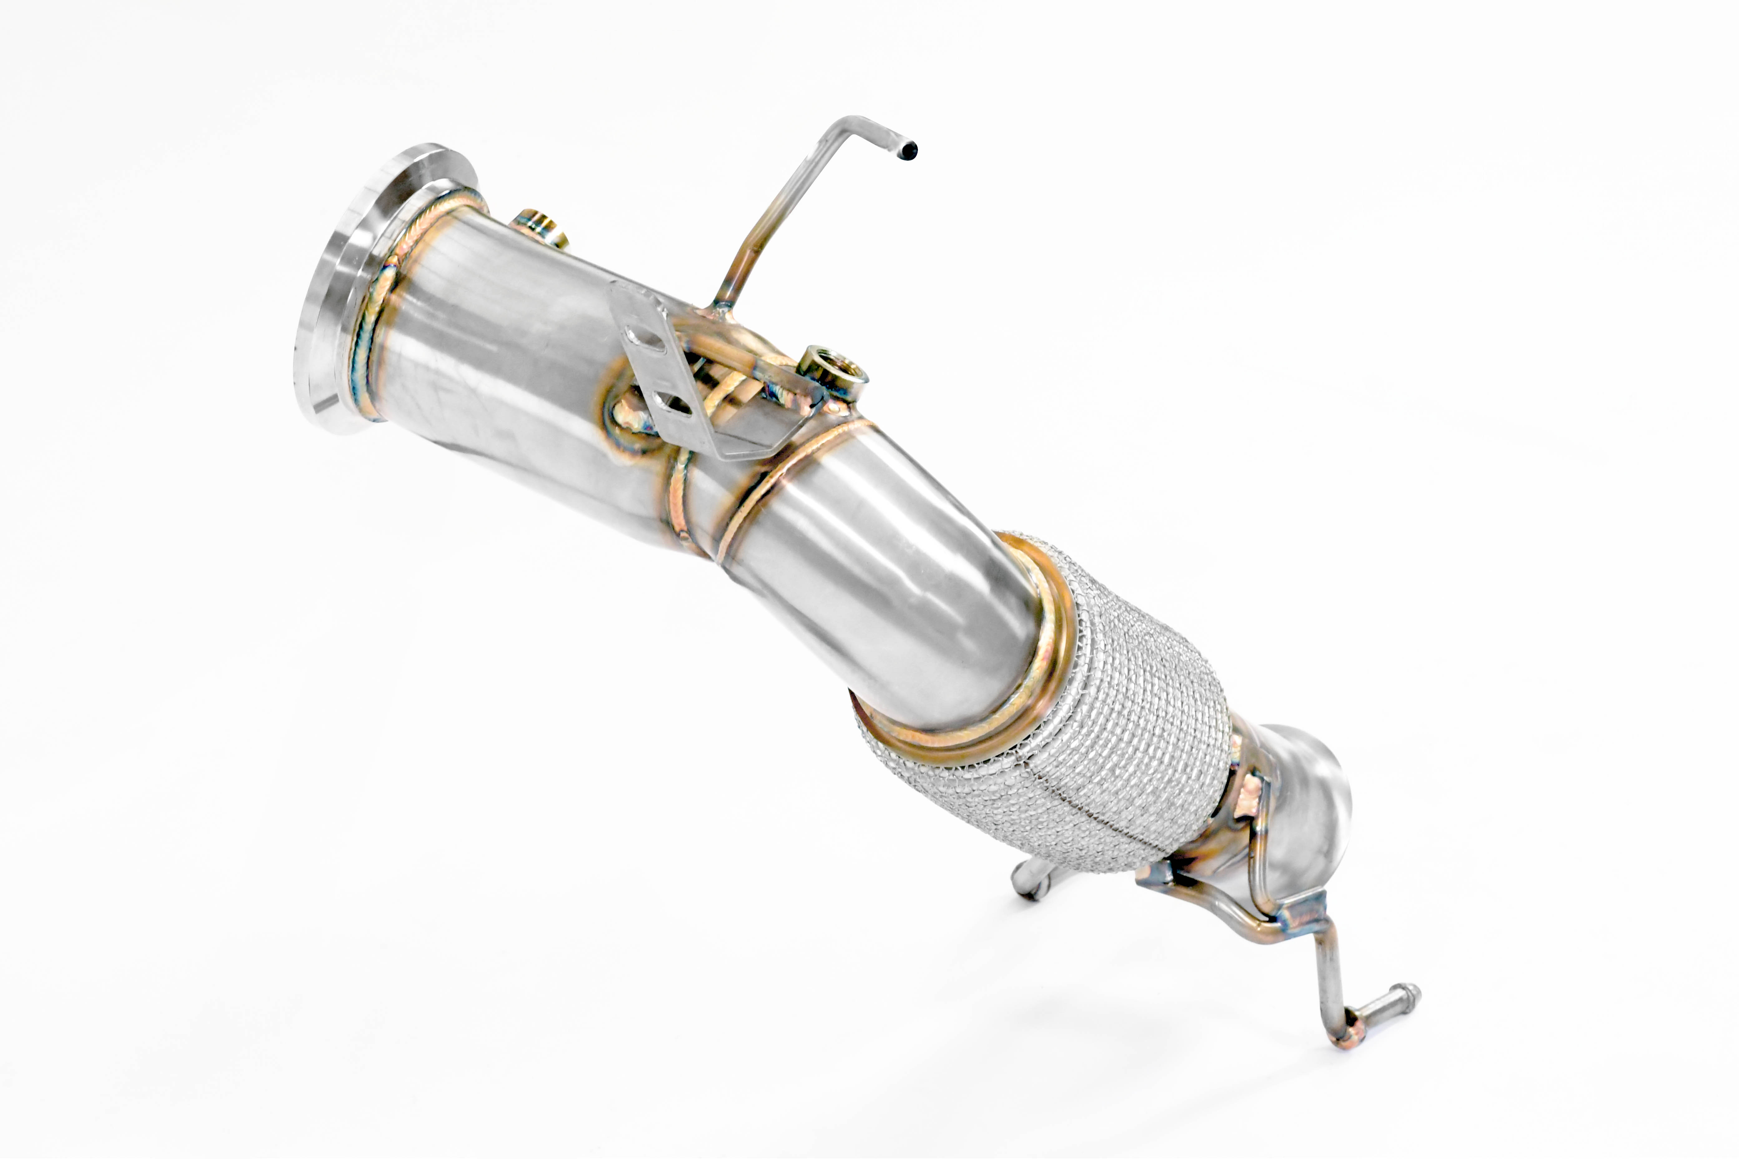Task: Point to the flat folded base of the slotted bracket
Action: point(747,443)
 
